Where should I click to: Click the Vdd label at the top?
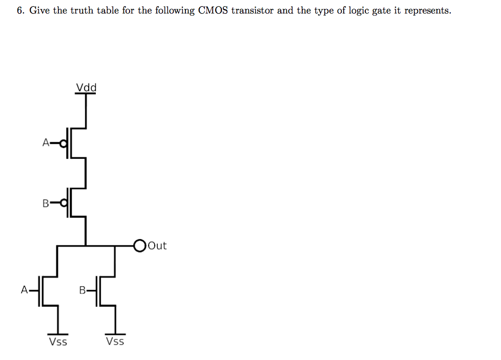(86, 88)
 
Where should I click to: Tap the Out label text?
(157, 246)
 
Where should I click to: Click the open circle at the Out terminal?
(140, 246)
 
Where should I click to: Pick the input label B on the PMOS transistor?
(46, 203)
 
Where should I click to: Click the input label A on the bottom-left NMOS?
(24, 290)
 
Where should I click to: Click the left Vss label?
(58, 342)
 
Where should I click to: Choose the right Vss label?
(115, 341)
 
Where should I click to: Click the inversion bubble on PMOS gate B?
(64, 203)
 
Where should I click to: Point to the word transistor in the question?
(252, 11)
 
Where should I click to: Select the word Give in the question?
(39, 11)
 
